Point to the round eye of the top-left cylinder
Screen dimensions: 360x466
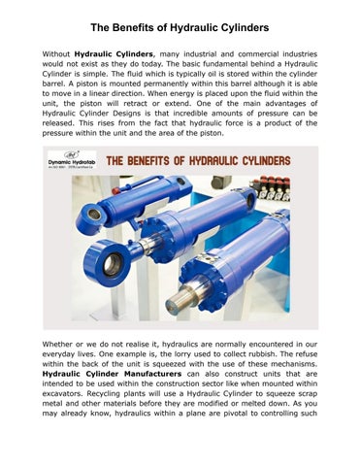[92, 216]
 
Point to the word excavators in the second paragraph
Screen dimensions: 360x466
[62, 420]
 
